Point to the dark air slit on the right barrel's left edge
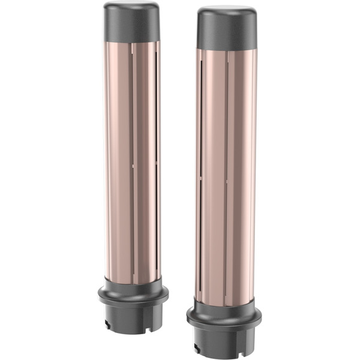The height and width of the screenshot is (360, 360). pos(201,150)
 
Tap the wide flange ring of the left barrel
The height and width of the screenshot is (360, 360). pos(133,295)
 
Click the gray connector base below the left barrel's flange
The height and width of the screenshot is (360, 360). pos(133,315)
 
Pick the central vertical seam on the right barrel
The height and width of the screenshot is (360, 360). pos(227,174)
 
